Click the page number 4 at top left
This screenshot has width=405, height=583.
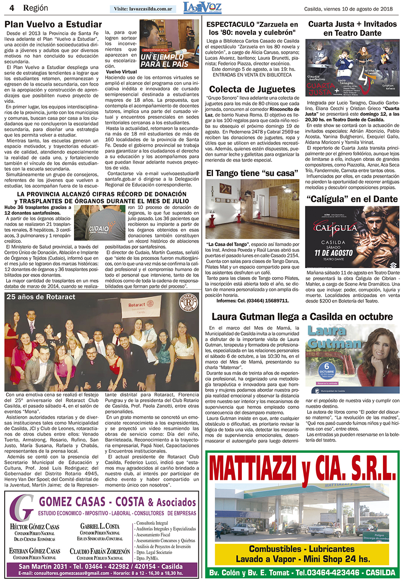coord(12,8)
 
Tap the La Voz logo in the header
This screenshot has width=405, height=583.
coord(202,8)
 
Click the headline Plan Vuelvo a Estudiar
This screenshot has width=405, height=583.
coord(53,25)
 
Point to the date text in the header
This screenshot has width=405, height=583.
coord(348,9)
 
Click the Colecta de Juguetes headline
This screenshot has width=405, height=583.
coord(252,89)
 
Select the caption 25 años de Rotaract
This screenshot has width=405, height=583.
coord(41,297)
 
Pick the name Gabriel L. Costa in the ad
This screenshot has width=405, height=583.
coord(100,526)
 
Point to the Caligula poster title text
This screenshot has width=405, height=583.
coord(336,228)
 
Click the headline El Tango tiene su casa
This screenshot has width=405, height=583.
coord(252,173)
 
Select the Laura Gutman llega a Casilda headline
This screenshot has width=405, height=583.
coord(302,317)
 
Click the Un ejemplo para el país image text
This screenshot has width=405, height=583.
coord(164,61)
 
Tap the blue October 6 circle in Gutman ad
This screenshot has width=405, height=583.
coord(327,370)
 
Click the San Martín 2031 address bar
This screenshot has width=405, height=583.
coord(101,567)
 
